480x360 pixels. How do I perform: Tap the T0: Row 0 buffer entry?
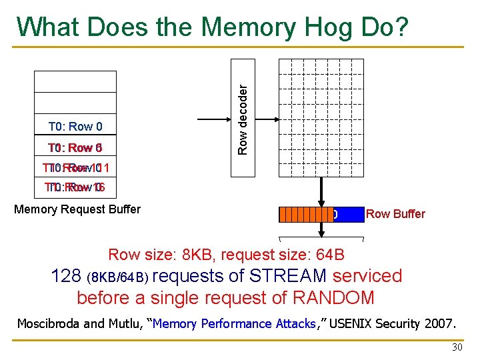pos(75,127)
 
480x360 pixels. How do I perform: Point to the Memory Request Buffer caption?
pos(77,209)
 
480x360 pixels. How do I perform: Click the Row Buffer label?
pos(395,214)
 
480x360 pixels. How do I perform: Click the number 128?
pos(67,276)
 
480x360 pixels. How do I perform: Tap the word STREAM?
pos(287,276)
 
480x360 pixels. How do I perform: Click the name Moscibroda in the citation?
pos(49,324)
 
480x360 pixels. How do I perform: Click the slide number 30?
pos(457,347)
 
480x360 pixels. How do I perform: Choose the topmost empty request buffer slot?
pos(75,81)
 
